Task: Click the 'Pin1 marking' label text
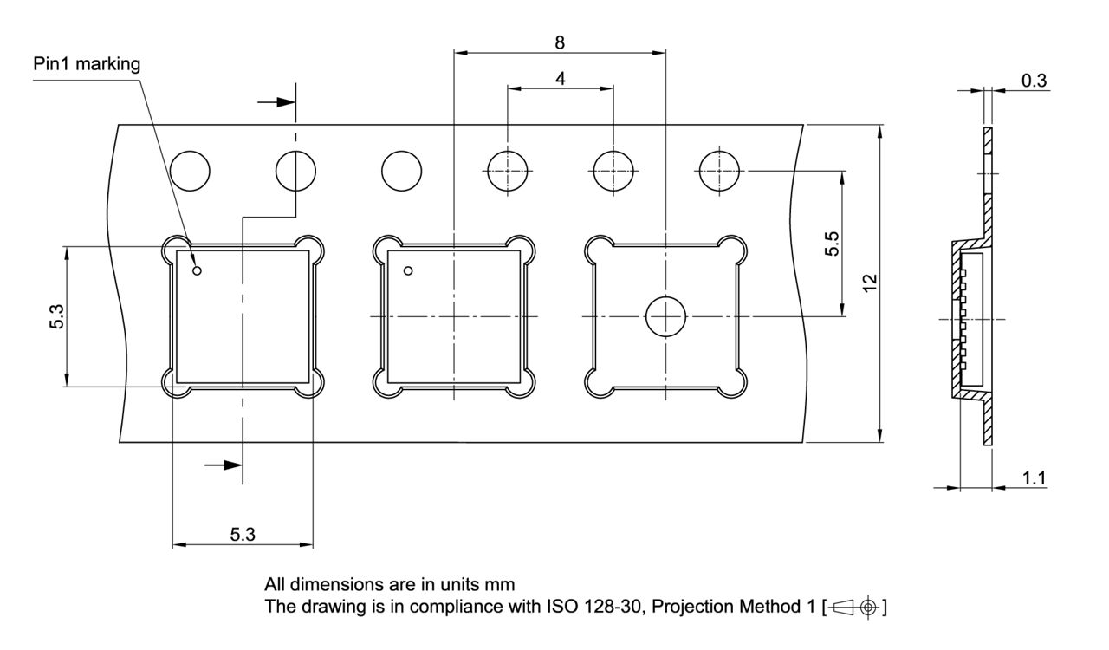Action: (x=87, y=64)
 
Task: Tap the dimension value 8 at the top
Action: (x=561, y=42)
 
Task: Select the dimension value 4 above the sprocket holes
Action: (x=561, y=78)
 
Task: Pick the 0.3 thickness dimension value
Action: (x=1034, y=81)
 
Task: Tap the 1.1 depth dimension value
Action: (x=1034, y=478)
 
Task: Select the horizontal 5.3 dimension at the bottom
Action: (x=243, y=535)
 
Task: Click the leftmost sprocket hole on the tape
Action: (x=190, y=170)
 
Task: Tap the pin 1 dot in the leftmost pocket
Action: (x=197, y=270)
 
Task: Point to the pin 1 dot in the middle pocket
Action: (x=408, y=270)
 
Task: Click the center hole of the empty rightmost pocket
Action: (x=665, y=317)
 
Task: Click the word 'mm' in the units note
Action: (x=502, y=585)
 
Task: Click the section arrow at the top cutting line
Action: (x=277, y=102)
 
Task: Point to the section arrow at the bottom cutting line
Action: (x=224, y=465)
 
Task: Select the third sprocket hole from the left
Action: (x=402, y=170)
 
